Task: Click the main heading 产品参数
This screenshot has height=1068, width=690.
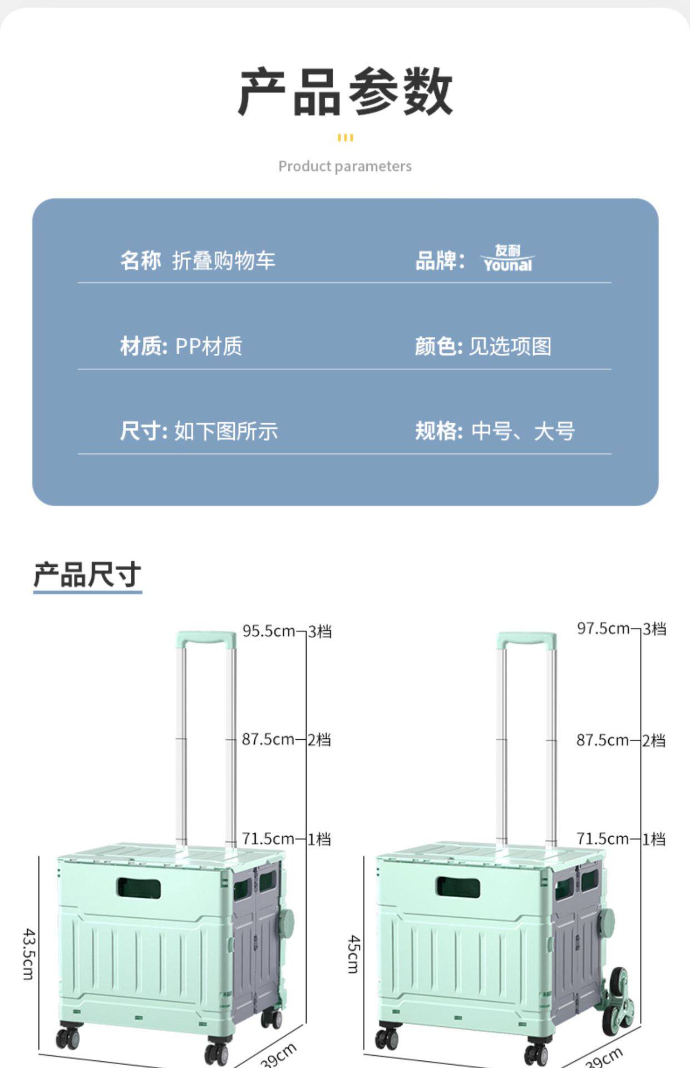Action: point(345,92)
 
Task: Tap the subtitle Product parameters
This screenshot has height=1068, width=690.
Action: point(345,166)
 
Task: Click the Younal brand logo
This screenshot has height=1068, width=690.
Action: point(507,259)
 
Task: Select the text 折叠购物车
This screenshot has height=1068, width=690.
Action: point(224,260)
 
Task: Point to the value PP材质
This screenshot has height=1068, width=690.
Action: point(209,346)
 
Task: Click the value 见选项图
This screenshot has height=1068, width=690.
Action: point(510,346)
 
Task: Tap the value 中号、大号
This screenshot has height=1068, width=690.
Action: point(523,431)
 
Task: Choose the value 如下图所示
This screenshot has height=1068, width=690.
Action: point(226,431)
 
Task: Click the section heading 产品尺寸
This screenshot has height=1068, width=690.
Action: point(87,574)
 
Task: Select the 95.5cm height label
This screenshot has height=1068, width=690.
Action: point(268,631)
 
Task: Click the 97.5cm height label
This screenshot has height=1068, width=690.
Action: point(603,629)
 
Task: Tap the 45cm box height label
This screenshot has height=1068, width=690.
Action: point(354,953)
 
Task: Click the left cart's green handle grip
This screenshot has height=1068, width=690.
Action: point(206,638)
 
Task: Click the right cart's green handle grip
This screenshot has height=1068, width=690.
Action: point(526,639)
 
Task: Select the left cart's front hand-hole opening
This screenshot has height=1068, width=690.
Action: point(139,888)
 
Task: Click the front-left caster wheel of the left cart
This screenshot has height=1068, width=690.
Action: point(68,1037)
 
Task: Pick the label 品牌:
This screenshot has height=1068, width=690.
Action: point(440,260)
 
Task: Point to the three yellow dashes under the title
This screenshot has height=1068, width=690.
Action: point(345,137)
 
